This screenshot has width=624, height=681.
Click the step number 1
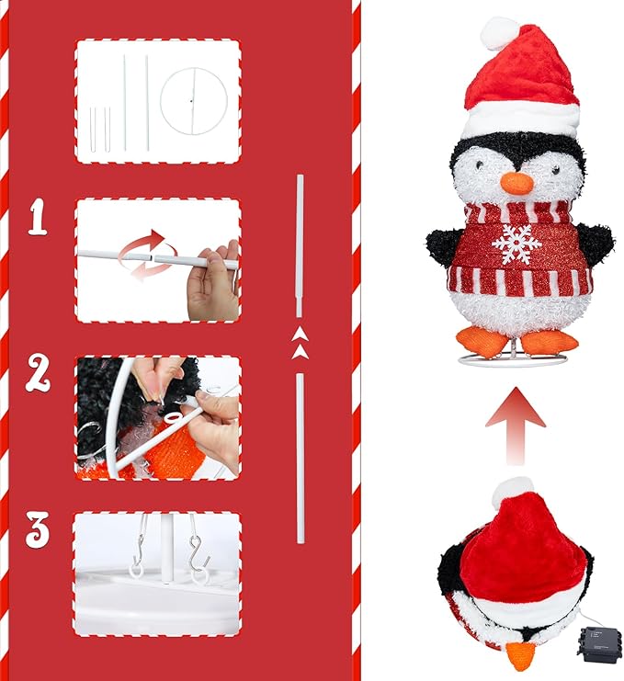tap(38, 218)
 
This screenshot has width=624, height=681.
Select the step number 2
tap(38, 373)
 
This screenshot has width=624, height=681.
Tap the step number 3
tap(38, 530)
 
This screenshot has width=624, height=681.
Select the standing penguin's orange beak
tap(517, 181)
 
